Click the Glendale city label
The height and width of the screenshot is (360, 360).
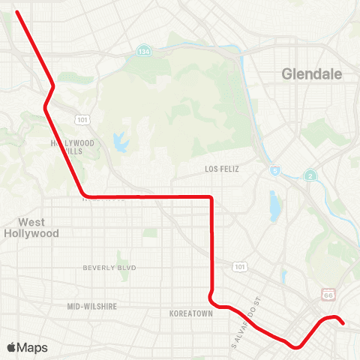tap(311, 74)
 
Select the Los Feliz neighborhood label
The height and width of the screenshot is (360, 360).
tap(221, 169)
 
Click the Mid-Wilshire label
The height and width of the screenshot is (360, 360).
tap(92, 306)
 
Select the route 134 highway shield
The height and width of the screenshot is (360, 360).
tap(143, 52)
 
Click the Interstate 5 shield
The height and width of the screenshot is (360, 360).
tap(274, 171)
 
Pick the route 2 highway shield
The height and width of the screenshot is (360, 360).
tap(309, 175)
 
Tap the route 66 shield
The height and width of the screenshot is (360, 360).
tap(328, 295)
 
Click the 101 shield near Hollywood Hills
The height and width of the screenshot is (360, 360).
tap(80, 119)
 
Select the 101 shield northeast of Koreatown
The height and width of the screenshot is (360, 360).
tap(239, 266)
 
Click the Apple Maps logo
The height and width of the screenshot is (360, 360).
tap(27, 347)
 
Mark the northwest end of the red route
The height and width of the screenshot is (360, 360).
tap(16, 11)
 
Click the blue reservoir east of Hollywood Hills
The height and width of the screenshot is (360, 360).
tap(118, 141)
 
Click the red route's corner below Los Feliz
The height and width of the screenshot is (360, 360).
tap(211, 197)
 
